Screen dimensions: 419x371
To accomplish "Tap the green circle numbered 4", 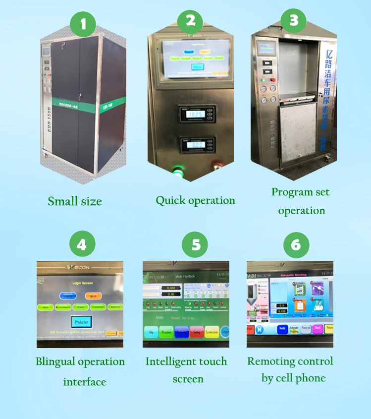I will pos(82,244).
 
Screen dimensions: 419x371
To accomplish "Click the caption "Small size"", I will pos(75,201).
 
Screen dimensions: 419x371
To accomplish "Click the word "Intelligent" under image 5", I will pos(168,361).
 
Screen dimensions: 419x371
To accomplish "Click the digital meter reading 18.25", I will pos(197,114).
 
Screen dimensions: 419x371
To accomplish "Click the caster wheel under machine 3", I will pos(327,160).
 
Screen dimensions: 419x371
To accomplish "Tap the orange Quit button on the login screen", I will pos(93,296).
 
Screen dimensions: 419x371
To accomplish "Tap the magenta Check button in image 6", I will pos(318,328).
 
